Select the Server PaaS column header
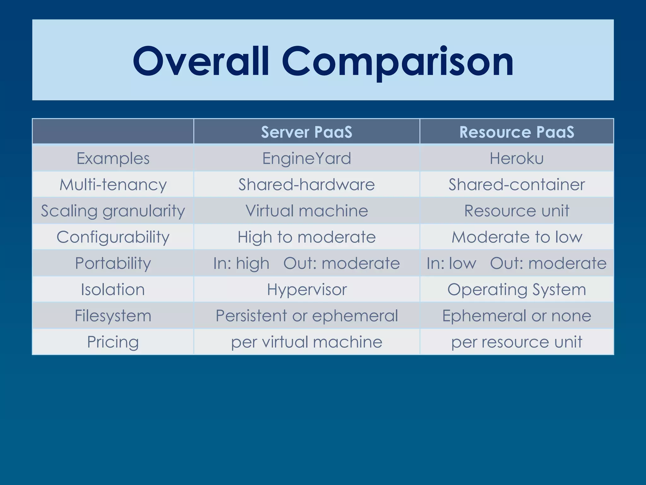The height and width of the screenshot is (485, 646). pyautogui.click(x=306, y=132)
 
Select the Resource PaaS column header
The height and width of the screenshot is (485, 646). pyautogui.click(x=517, y=132)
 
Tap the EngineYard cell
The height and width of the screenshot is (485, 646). pyautogui.click(x=306, y=158)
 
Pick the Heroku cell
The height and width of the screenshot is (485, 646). pyautogui.click(x=517, y=158)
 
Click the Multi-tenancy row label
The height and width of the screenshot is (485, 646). pyautogui.click(x=113, y=184)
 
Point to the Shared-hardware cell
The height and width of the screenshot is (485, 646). pyautogui.click(x=306, y=184)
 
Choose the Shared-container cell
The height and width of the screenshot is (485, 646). pyautogui.click(x=517, y=184)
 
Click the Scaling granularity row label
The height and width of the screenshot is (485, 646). pyautogui.click(x=113, y=211)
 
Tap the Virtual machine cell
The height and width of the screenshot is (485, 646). pyautogui.click(x=306, y=211)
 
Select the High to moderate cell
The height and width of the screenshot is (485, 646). pyautogui.click(x=306, y=237)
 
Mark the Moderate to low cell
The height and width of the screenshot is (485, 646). pyautogui.click(x=517, y=237)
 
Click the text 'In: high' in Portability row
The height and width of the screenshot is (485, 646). pyautogui.click(x=241, y=263)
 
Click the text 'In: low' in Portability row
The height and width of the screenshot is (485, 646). pyautogui.click(x=451, y=263)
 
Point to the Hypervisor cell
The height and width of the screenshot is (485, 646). pyautogui.click(x=306, y=290)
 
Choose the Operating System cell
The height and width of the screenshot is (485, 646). pyautogui.click(x=517, y=290)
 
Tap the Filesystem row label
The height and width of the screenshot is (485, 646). pyautogui.click(x=113, y=316)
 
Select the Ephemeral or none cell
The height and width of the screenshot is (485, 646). pyautogui.click(x=517, y=316)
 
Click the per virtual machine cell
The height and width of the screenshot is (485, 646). pyautogui.click(x=306, y=342)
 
